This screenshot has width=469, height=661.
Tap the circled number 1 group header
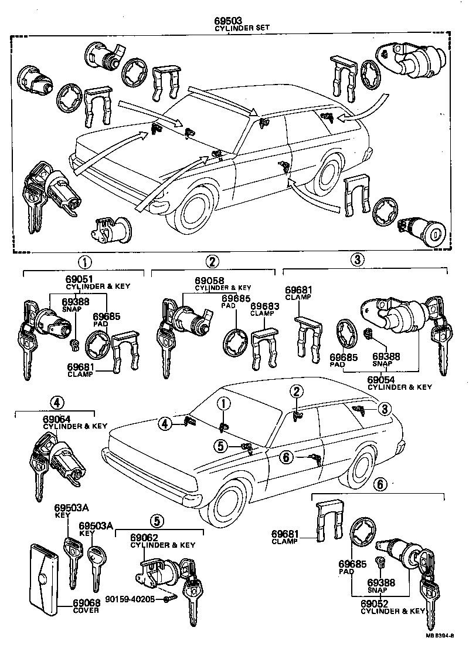[85, 262]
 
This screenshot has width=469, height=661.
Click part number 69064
[57, 419]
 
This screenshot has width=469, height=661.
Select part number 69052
[376, 603]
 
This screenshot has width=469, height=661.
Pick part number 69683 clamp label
[264, 306]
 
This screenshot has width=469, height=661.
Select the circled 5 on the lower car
[220, 446]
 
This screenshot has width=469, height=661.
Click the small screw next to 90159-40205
[170, 599]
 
